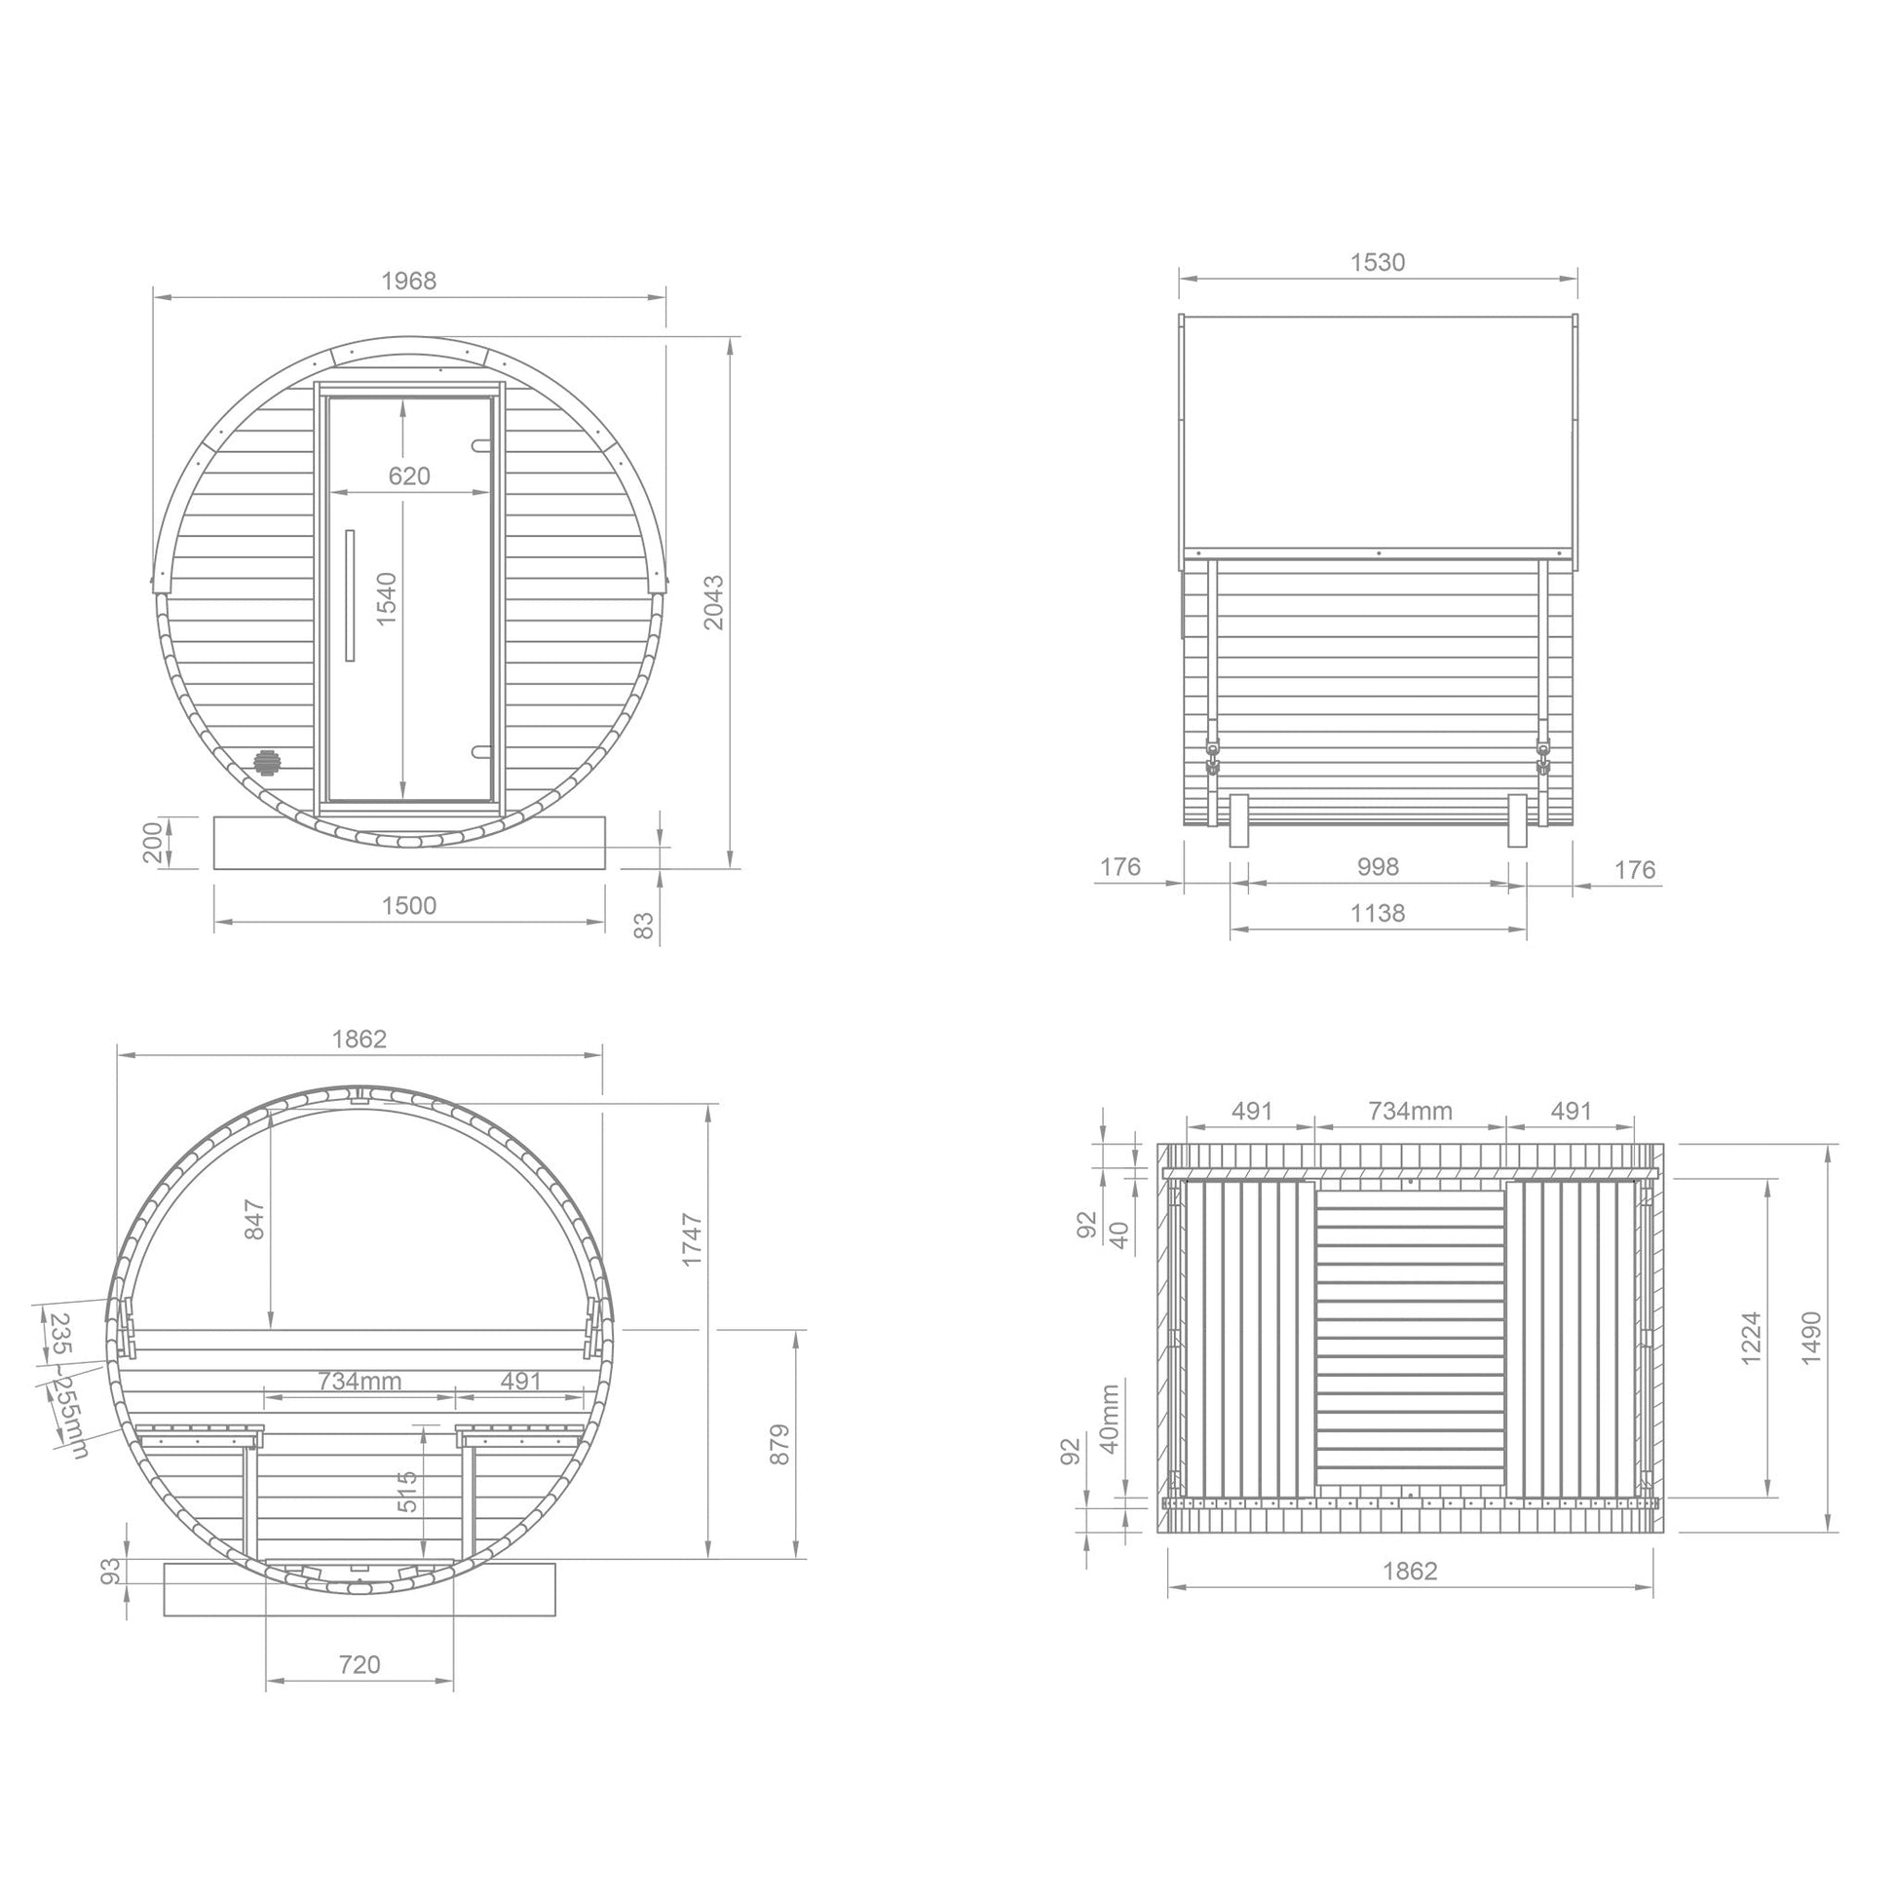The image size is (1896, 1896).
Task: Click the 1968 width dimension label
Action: [408, 281]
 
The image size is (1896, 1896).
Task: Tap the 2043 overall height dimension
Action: [714, 601]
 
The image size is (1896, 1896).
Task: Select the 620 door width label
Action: [409, 476]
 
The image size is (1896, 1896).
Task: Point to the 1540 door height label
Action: [387, 598]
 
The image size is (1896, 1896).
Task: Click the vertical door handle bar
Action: [350, 595]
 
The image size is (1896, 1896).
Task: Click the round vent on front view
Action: [266, 762]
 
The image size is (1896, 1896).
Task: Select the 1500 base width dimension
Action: [408, 905]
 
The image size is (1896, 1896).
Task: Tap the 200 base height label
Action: [153, 842]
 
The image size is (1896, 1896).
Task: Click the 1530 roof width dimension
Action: [1378, 262]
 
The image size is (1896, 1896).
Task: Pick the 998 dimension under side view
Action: [1378, 866]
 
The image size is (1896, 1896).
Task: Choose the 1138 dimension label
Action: [1378, 913]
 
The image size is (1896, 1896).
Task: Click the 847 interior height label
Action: [254, 1219]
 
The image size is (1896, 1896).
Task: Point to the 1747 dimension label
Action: [693, 1239]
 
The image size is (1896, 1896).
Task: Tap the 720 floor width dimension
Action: [360, 1664]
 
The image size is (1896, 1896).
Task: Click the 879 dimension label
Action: [779, 1445]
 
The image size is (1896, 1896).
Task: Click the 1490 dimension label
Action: [1811, 1337]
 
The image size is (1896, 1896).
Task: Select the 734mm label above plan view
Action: [1410, 1111]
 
